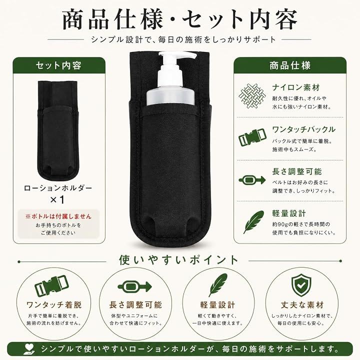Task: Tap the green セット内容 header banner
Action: [59, 65]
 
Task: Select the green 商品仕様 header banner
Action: [289, 65]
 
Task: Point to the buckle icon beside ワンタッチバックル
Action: [252, 138]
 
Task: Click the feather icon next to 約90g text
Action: [253, 222]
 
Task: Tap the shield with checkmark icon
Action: [301, 286]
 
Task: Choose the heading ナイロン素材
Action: [296, 87]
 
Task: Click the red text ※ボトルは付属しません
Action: [58, 216]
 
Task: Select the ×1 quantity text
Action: [57, 199]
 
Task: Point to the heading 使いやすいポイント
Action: [178, 260]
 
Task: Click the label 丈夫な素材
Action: [302, 305]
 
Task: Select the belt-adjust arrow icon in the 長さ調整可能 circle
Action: [135, 286]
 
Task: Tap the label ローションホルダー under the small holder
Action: [58, 188]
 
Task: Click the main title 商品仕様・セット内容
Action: [180, 20]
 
